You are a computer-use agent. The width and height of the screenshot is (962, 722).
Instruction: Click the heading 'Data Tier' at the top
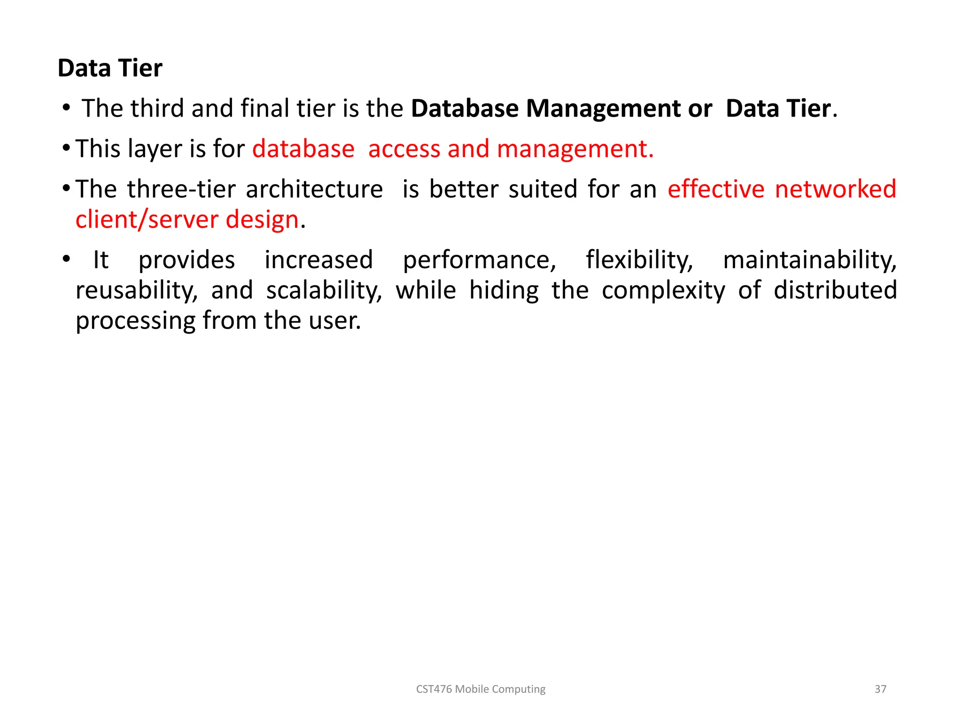(x=110, y=68)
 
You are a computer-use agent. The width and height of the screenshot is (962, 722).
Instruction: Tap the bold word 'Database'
(x=465, y=109)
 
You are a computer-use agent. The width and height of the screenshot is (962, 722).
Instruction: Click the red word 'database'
(x=303, y=149)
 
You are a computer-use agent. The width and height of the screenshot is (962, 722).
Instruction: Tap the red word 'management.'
(x=575, y=149)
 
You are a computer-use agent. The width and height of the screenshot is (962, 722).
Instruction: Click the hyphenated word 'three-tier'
(x=181, y=189)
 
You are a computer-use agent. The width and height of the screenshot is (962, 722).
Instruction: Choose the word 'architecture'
(x=314, y=189)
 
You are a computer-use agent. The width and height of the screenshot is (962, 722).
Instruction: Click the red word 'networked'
(x=836, y=189)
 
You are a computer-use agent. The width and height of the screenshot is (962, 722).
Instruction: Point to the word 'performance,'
(x=480, y=260)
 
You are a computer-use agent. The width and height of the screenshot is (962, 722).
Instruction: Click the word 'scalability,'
(x=324, y=291)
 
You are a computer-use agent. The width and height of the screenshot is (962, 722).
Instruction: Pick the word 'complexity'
(x=663, y=291)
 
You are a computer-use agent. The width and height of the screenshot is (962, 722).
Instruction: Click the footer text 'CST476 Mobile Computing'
(x=481, y=689)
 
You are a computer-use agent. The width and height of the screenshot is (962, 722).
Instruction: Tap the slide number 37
(x=880, y=689)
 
